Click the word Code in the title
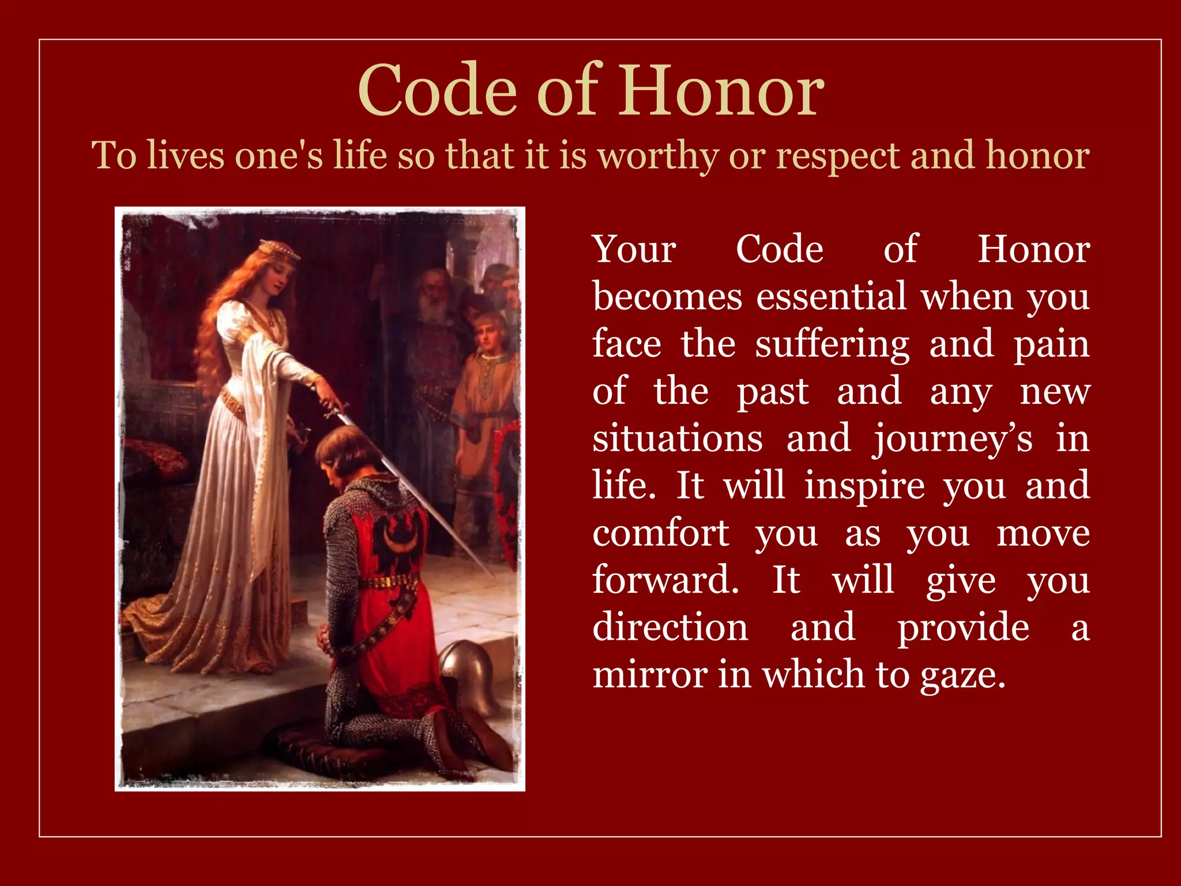tap(437, 91)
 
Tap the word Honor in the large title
tap(721, 91)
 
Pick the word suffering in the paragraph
tap(832, 344)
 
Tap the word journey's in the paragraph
tap(951, 439)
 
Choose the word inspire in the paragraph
tap(864, 486)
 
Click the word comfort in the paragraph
tap(661, 533)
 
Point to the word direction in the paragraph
tap(670, 628)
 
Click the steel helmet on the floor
tap(470, 672)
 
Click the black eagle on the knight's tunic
tap(398, 539)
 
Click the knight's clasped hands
tap(325, 639)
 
